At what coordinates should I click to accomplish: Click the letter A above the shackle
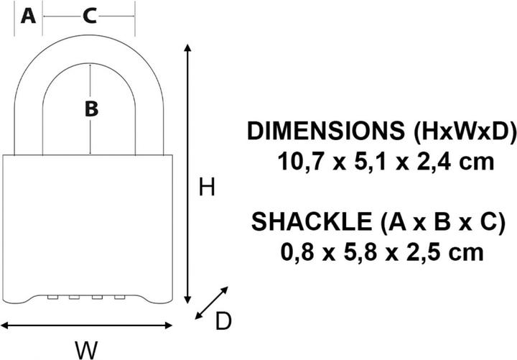pyautogui.click(x=28, y=16)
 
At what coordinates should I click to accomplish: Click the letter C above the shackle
pyautogui.click(x=88, y=16)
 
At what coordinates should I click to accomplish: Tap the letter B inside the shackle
pyautogui.click(x=91, y=109)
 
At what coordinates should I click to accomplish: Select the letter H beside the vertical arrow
pyautogui.click(x=207, y=188)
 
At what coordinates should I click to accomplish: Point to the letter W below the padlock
pyautogui.click(x=86, y=349)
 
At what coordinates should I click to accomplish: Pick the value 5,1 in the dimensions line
pyautogui.click(x=371, y=162)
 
